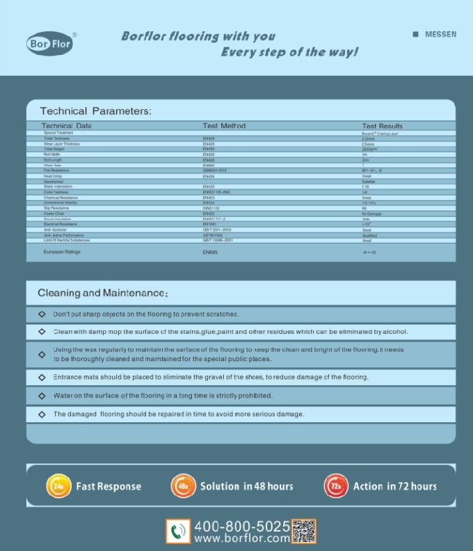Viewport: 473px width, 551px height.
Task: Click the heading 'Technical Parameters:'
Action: (95, 111)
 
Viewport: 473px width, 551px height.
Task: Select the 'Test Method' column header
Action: (224, 126)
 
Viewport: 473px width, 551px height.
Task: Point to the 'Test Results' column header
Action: (382, 126)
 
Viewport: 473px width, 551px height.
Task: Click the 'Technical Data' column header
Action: (66, 126)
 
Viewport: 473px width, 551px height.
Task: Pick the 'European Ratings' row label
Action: (62, 252)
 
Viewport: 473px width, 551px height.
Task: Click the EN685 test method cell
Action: (210, 253)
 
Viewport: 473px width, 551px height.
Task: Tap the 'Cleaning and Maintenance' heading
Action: (102, 293)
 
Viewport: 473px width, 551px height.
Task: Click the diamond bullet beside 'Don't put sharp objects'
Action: (42, 314)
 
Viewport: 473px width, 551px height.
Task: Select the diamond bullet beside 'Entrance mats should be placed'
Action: (42, 377)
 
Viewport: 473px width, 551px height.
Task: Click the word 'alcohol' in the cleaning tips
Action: (395, 332)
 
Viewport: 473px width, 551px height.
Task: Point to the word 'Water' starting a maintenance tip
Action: (63, 395)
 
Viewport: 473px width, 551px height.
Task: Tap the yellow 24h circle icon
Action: (59, 486)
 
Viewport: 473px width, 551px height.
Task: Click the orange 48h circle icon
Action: (183, 486)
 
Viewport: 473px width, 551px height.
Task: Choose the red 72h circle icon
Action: (336, 486)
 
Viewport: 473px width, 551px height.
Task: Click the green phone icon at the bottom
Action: (178, 532)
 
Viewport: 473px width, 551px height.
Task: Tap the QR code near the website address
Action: (303, 532)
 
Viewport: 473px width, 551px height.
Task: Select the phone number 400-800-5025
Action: (241, 526)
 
